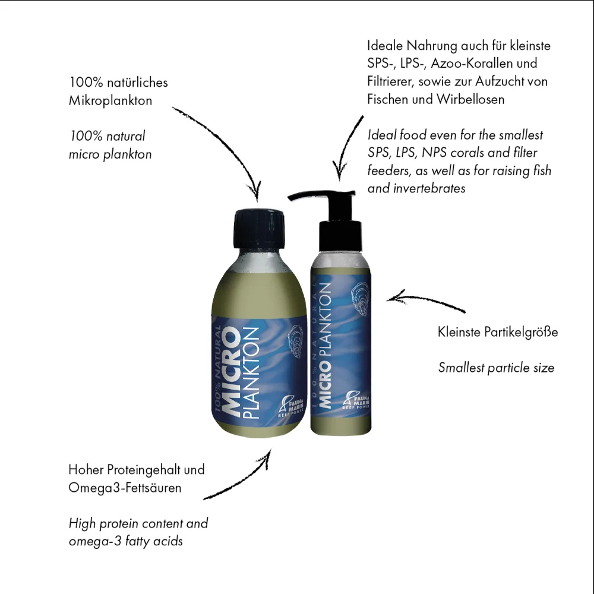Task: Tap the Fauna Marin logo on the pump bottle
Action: coord(356,400)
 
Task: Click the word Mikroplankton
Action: coord(110,101)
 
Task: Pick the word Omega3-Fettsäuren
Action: coord(125,488)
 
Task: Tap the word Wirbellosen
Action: coord(470,99)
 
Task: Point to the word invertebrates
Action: coord(429,188)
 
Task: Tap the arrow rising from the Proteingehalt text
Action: coord(242,482)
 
